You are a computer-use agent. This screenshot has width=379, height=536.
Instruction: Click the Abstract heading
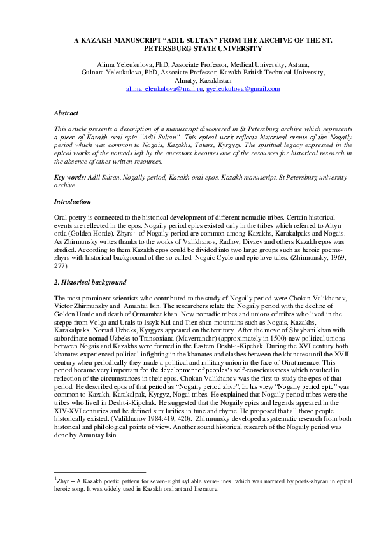pyautogui.click(x=66, y=112)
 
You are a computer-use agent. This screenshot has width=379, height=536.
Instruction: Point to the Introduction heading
pyautogui.click(x=73, y=201)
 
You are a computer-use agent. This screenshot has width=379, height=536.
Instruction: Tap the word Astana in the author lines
pyautogui.click(x=299, y=64)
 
